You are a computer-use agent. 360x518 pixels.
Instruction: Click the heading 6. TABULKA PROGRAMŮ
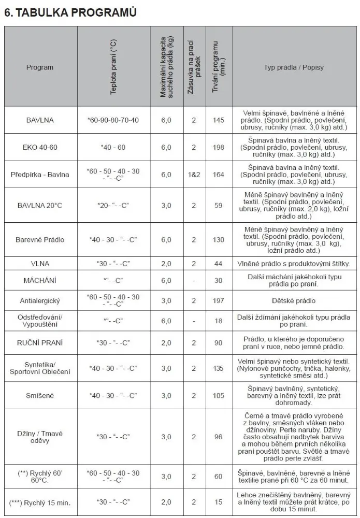click(x=70, y=13)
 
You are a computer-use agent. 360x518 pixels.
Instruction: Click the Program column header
click(x=40, y=67)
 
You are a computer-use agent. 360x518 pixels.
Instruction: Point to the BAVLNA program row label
click(x=40, y=120)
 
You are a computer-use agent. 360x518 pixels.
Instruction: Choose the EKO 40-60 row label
click(x=40, y=147)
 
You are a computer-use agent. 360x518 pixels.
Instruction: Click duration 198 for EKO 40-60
click(x=219, y=147)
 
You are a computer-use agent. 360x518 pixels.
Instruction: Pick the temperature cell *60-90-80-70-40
click(x=113, y=120)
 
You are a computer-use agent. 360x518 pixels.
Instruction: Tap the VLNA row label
click(x=40, y=264)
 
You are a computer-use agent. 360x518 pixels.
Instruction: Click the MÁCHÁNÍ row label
click(x=40, y=280)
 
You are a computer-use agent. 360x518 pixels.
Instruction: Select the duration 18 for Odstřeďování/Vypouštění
click(x=219, y=321)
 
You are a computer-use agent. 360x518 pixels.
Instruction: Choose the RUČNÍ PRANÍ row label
click(x=40, y=342)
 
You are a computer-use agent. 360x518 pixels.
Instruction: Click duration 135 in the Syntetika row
click(x=219, y=368)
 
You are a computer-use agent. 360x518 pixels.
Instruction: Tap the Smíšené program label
click(x=40, y=396)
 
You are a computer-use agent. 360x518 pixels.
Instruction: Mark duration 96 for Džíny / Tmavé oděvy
click(x=219, y=437)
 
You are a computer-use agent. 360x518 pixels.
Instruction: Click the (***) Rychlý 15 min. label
click(x=40, y=502)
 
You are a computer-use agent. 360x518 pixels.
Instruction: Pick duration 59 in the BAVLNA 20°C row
click(x=219, y=206)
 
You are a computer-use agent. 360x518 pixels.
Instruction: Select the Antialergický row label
click(x=40, y=300)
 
